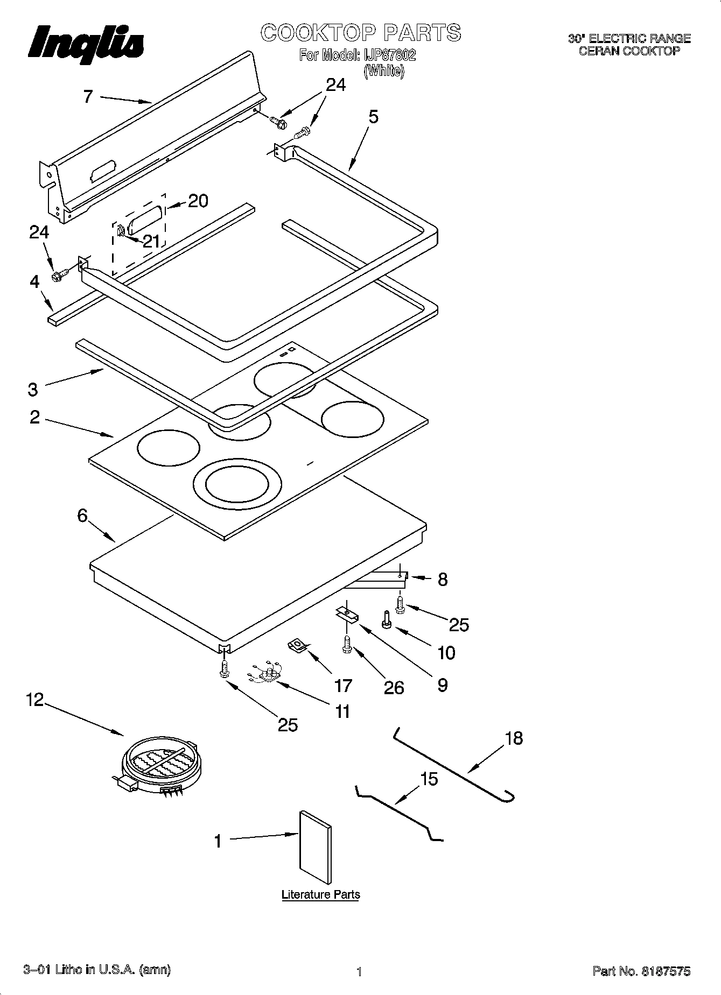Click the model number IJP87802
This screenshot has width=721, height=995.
[388, 55]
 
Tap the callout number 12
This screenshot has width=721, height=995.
[34, 701]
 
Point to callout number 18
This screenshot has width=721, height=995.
[514, 738]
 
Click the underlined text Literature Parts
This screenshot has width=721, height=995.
[320, 895]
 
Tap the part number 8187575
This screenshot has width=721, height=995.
[666, 971]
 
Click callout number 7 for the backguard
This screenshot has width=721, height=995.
[88, 97]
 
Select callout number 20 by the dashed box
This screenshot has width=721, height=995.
[198, 201]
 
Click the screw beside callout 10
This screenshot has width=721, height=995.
[386, 620]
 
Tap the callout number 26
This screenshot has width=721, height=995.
[394, 688]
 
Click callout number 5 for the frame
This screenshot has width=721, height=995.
[373, 116]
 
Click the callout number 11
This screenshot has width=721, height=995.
[342, 711]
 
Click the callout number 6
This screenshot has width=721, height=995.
[82, 516]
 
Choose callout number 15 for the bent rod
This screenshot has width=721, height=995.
[429, 779]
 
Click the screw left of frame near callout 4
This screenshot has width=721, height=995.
[59, 276]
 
